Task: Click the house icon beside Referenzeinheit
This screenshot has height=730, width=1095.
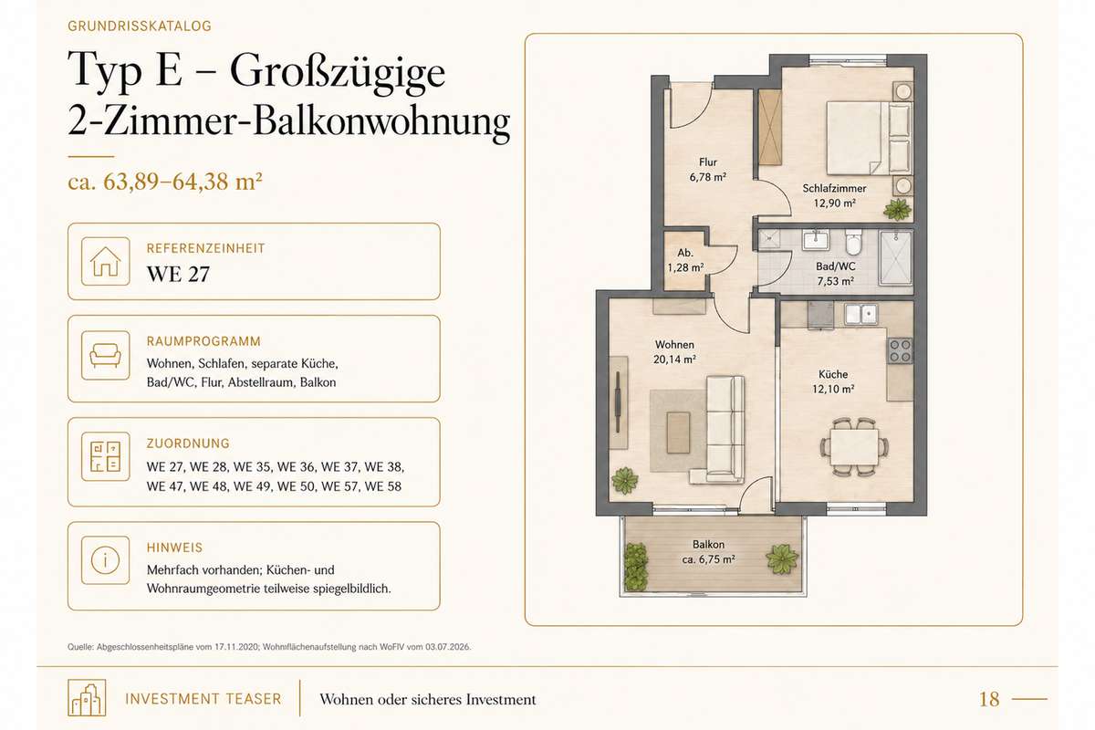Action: tap(106, 261)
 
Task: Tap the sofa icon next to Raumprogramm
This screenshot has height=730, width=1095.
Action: tap(106, 356)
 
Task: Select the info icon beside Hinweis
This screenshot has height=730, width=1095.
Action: tap(106, 560)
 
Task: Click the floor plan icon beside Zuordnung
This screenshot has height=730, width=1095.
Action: tap(106, 456)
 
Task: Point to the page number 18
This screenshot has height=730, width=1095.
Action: tap(989, 699)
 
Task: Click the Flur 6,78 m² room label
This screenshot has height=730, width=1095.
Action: tap(708, 169)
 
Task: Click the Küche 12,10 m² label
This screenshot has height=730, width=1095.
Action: tap(833, 381)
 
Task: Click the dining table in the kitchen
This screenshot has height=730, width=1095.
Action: tap(854, 446)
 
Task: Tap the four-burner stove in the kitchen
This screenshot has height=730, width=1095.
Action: tap(900, 350)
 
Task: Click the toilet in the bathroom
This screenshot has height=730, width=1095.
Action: tap(854, 243)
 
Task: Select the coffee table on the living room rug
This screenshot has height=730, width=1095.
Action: tap(678, 433)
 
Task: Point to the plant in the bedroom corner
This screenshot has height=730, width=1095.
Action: tap(898, 209)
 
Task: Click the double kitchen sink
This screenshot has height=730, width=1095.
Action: tap(860, 314)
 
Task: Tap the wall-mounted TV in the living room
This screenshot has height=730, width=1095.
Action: tap(618, 401)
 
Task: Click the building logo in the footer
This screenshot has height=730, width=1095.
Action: tap(87, 698)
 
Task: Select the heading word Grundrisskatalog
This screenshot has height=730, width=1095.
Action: tap(140, 26)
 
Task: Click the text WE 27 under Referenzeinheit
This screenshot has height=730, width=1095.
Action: tap(178, 275)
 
